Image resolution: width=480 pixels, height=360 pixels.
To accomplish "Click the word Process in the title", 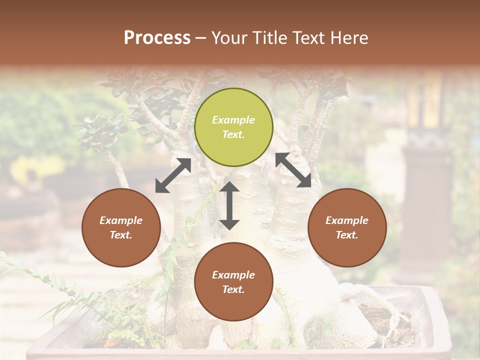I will (x=157, y=38).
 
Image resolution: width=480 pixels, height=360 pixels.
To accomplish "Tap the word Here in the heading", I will (x=349, y=38).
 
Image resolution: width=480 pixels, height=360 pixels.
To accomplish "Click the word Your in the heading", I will (x=229, y=38).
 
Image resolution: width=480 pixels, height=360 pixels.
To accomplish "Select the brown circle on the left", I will (x=121, y=227).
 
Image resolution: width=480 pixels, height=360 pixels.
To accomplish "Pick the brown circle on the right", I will (x=347, y=227).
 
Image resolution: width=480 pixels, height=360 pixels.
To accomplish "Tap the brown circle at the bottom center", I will (x=233, y=281).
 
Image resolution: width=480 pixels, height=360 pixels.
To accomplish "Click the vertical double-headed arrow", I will (x=229, y=205).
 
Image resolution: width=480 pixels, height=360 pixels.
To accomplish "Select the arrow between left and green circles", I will (x=173, y=175).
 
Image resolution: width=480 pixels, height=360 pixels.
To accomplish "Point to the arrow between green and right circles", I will (x=293, y=170).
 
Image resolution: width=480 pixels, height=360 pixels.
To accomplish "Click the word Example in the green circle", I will (x=233, y=120).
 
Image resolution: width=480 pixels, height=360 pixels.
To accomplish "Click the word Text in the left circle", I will (x=121, y=235).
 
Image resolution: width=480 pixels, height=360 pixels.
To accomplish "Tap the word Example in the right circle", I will (x=347, y=220).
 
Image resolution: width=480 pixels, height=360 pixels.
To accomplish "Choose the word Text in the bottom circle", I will (x=233, y=289).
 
